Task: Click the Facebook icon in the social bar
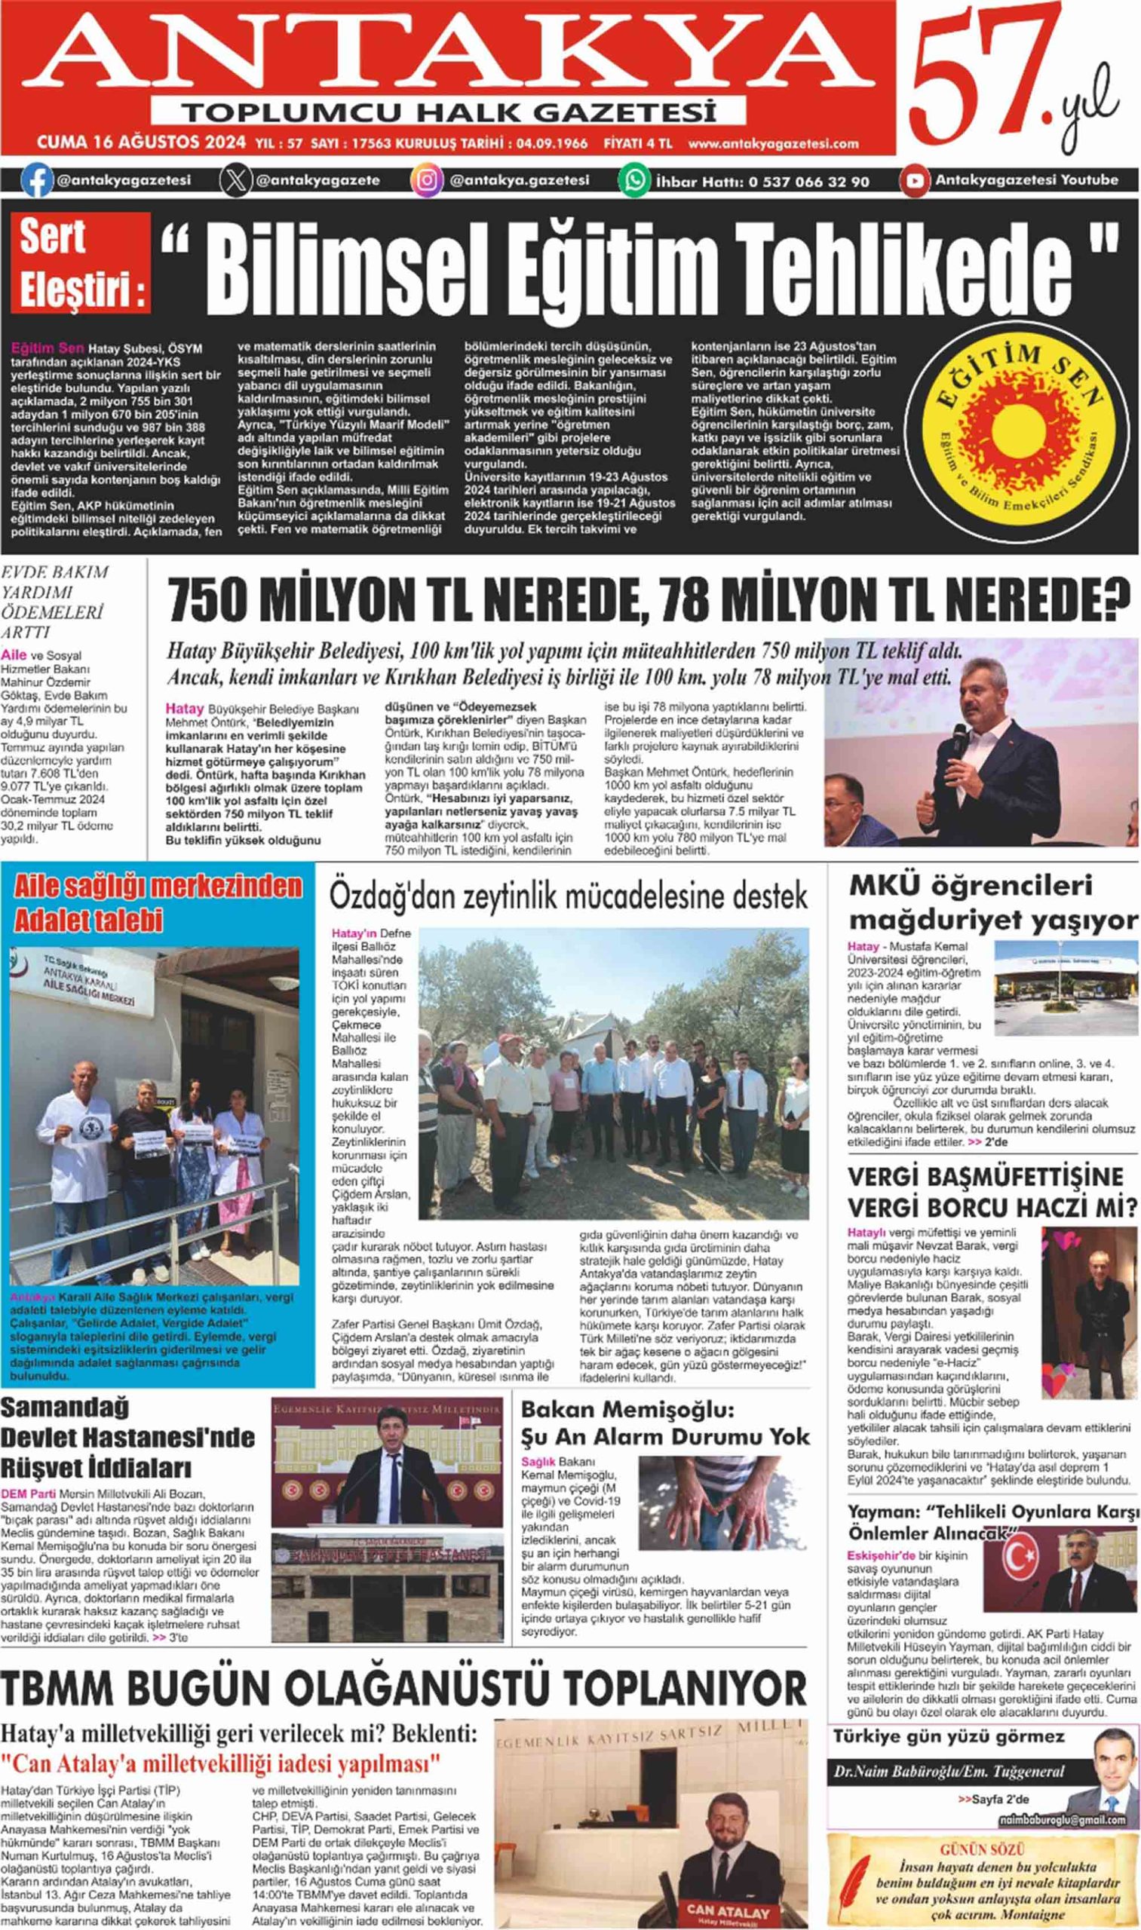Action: [36, 181]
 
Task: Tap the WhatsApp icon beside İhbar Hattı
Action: [635, 181]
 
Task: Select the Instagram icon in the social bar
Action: [428, 181]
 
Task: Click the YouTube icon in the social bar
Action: [915, 181]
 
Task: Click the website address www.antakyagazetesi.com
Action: [773, 144]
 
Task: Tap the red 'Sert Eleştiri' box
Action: [81, 262]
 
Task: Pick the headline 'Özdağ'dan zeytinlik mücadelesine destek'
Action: [568, 896]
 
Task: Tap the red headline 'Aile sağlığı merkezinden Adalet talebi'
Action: [158, 903]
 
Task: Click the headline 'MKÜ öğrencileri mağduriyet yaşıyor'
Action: [992, 902]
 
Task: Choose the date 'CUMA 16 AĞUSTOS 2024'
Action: [142, 143]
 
